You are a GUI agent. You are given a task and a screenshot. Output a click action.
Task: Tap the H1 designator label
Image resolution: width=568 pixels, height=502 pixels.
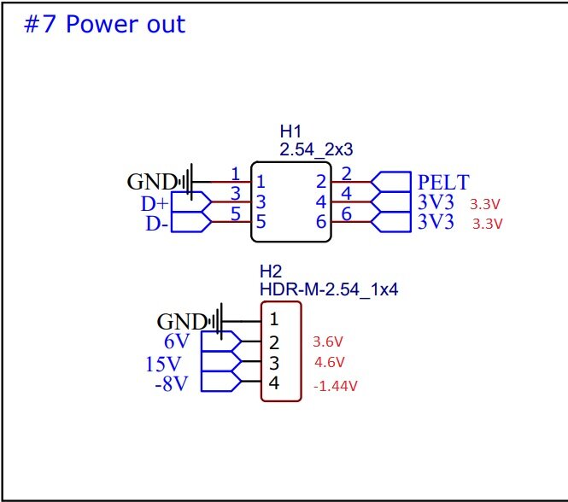click(x=291, y=131)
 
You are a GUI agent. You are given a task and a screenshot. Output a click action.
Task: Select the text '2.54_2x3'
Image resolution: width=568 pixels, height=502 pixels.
click(x=316, y=149)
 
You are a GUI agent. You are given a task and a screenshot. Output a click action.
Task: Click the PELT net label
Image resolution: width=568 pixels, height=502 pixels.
click(x=443, y=182)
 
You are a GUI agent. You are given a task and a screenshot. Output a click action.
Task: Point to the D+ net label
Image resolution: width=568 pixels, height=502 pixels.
click(x=155, y=204)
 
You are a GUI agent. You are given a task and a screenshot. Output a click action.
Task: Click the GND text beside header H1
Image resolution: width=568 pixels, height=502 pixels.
click(x=151, y=182)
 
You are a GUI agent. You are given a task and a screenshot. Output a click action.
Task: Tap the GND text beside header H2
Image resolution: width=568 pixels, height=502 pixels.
click(x=181, y=322)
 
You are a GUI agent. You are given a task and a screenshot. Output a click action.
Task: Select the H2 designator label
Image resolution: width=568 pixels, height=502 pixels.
click(x=270, y=271)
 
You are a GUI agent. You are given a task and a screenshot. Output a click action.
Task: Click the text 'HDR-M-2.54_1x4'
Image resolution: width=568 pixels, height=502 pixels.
click(x=329, y=289)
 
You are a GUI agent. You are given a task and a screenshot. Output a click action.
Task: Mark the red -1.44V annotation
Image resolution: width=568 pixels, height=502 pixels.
click(x=335, y=386)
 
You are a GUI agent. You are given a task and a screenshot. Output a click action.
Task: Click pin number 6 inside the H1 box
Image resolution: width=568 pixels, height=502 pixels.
click(x=320, y=224)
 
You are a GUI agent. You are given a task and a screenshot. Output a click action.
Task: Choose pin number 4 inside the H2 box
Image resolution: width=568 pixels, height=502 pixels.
click(x=274, y=384)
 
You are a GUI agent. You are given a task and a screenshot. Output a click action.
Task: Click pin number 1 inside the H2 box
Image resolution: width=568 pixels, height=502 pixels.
click(x=274, y=320)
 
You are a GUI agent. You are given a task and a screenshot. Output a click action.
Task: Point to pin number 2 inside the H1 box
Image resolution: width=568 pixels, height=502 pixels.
click(x=320, y=181)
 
